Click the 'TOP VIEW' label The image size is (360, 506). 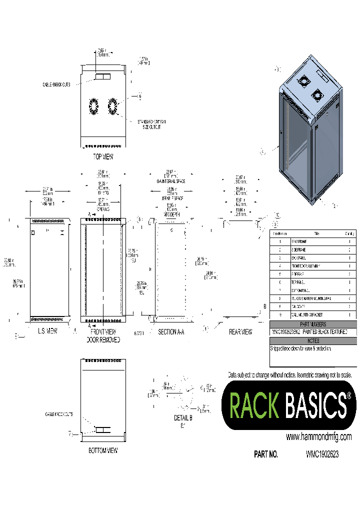(x=103, y=156)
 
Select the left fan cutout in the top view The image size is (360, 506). (x=93, y=106)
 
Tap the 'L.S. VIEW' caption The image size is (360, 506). (x=48, y=331)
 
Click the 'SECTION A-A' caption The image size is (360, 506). (x=171, y=331)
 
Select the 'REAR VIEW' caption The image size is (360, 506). (x=240, y=331)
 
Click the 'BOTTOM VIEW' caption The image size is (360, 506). (x=103, y=450)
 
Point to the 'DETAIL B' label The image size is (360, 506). (x=183, y=417)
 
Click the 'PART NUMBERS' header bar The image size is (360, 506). (x=313, y=324)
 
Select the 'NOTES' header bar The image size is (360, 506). (x=313, y=340)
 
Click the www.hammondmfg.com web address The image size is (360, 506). (x=318, y=436)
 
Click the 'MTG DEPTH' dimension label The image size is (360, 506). (x=171, y=214)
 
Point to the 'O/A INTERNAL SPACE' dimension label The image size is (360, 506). (x=171, y=181)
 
